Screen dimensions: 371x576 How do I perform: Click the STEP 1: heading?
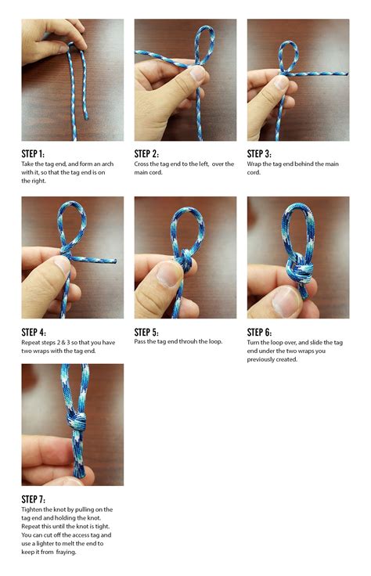click(33, 153)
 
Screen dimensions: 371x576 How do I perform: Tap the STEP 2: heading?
click(146, 153)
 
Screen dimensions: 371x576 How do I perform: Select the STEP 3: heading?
click(259, 153)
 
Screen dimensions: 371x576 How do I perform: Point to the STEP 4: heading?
click(34, 332)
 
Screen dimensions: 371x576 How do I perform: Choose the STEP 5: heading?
click(146, 332)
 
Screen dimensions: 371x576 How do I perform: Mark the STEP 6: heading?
click(259, 332)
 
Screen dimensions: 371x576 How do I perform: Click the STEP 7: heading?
click(34, 499)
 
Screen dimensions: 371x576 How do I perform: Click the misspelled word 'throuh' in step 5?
click(188, 341)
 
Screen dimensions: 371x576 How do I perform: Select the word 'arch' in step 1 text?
click(107, 164)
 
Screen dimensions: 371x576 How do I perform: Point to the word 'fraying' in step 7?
click(66, 552)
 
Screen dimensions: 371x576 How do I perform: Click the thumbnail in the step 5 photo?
click(168, 275)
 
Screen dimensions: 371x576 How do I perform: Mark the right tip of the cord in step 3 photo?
click(347, 74)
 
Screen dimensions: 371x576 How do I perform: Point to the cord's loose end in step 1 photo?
click(86, 118)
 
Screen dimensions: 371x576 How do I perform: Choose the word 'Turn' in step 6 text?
click(253, 342)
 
